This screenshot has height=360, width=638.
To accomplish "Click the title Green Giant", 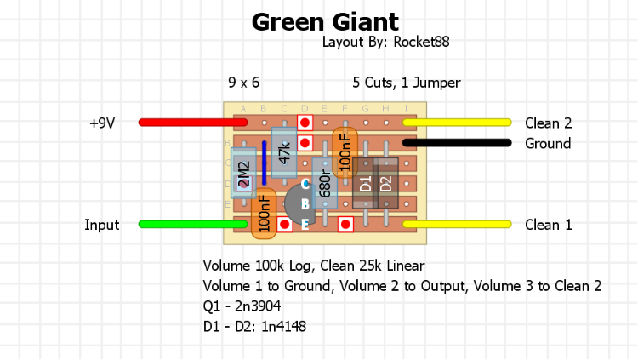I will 325,21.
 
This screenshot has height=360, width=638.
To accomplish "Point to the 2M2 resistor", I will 243,174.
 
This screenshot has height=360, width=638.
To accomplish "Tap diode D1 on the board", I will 364,183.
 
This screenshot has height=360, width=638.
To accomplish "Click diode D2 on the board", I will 385,183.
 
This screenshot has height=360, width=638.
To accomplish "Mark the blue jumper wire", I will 264,163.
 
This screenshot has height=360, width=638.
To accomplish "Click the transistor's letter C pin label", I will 305,184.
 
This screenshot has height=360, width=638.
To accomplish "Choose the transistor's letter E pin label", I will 305,225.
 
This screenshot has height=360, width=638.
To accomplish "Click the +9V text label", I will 102,123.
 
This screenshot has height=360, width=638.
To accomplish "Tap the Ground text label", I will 548,143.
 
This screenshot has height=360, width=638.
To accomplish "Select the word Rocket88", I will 420,41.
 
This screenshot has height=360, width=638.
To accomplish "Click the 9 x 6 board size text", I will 244,83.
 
